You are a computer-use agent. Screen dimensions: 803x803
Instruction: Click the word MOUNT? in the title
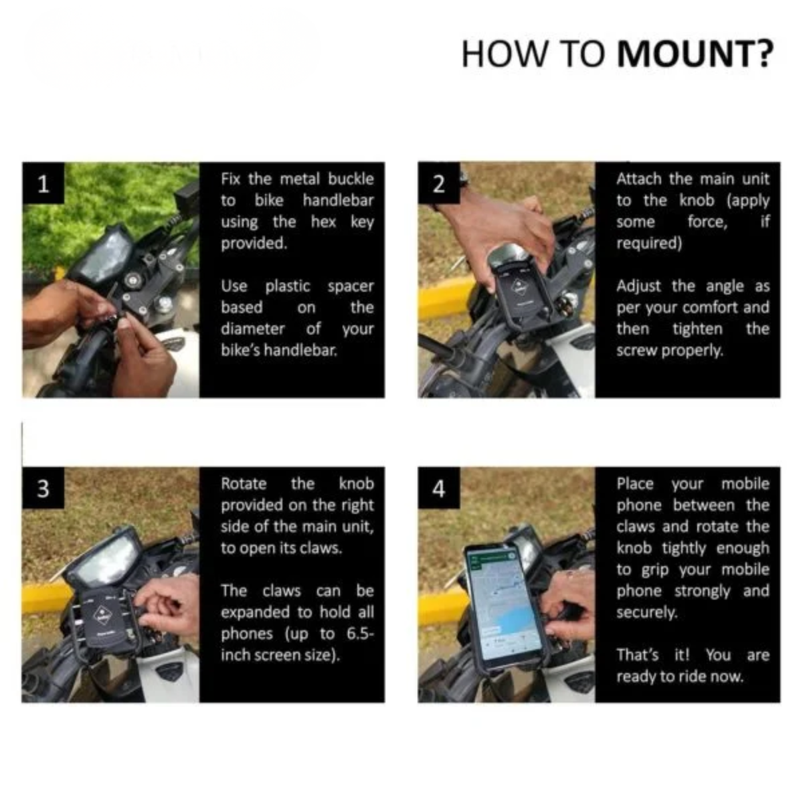point(695,54)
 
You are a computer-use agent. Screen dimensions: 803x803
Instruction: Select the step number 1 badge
point(43,183)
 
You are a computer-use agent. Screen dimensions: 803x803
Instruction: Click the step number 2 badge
point(439,183)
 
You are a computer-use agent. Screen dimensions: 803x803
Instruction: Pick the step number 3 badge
point(43,488)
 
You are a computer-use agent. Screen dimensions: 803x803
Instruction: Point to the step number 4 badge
point(439,488)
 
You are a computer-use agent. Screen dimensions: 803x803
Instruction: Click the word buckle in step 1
point(351,179)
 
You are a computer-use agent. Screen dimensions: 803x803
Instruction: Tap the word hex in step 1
point(323,221)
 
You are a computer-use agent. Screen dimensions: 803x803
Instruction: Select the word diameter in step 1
point(252,329)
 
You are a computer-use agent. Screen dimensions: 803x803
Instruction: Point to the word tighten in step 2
point(697,329)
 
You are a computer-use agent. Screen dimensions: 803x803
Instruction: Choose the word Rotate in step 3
point(244,484)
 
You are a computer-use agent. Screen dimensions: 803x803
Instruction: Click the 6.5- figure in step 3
point(360,634)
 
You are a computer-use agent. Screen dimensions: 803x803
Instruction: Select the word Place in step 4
point(635,484)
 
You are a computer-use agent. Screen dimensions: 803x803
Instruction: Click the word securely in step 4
point(646,612)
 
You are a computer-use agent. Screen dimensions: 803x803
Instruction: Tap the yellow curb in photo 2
point(448,298)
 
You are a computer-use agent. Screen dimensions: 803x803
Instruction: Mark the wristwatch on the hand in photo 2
point(463,180)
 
